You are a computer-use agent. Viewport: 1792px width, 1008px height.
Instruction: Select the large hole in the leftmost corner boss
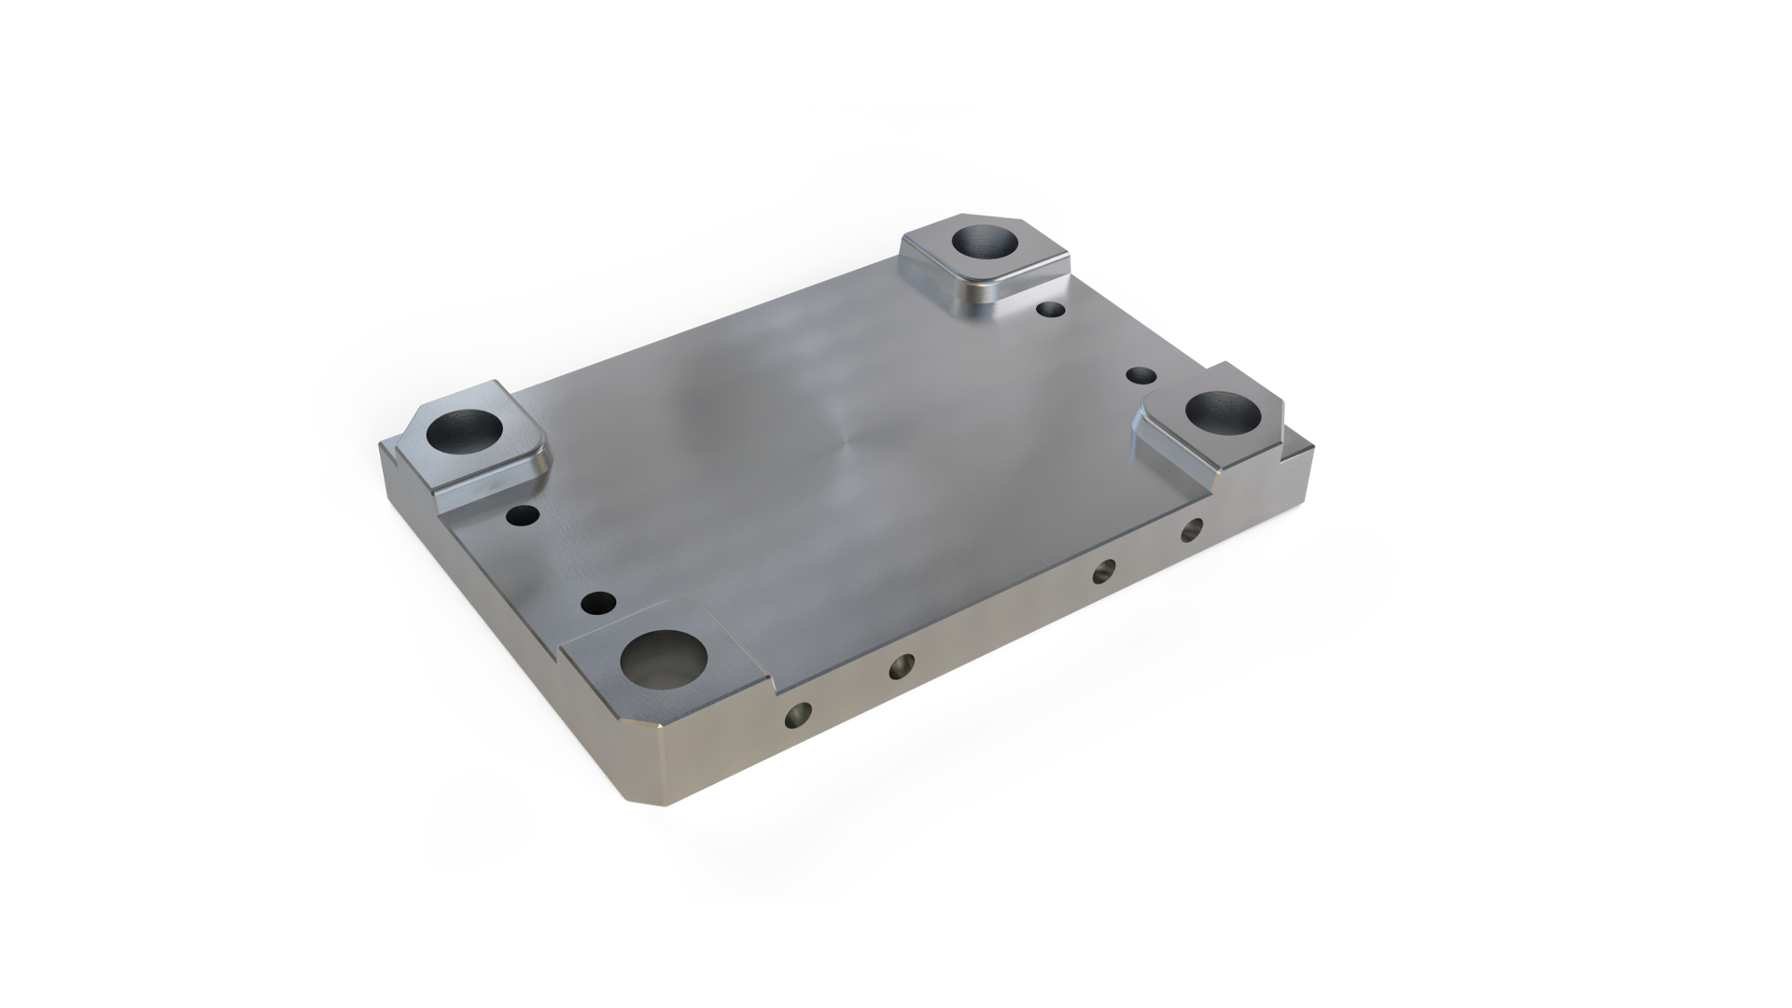463,432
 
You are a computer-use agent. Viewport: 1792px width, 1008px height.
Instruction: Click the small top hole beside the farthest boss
1052,309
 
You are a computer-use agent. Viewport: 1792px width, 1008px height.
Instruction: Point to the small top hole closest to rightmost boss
1141,375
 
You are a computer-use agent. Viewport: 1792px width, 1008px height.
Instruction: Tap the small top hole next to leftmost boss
521,514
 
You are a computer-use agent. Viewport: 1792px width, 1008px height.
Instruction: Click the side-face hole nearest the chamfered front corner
799,716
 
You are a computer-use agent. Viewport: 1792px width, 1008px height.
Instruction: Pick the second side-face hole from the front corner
902,665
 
